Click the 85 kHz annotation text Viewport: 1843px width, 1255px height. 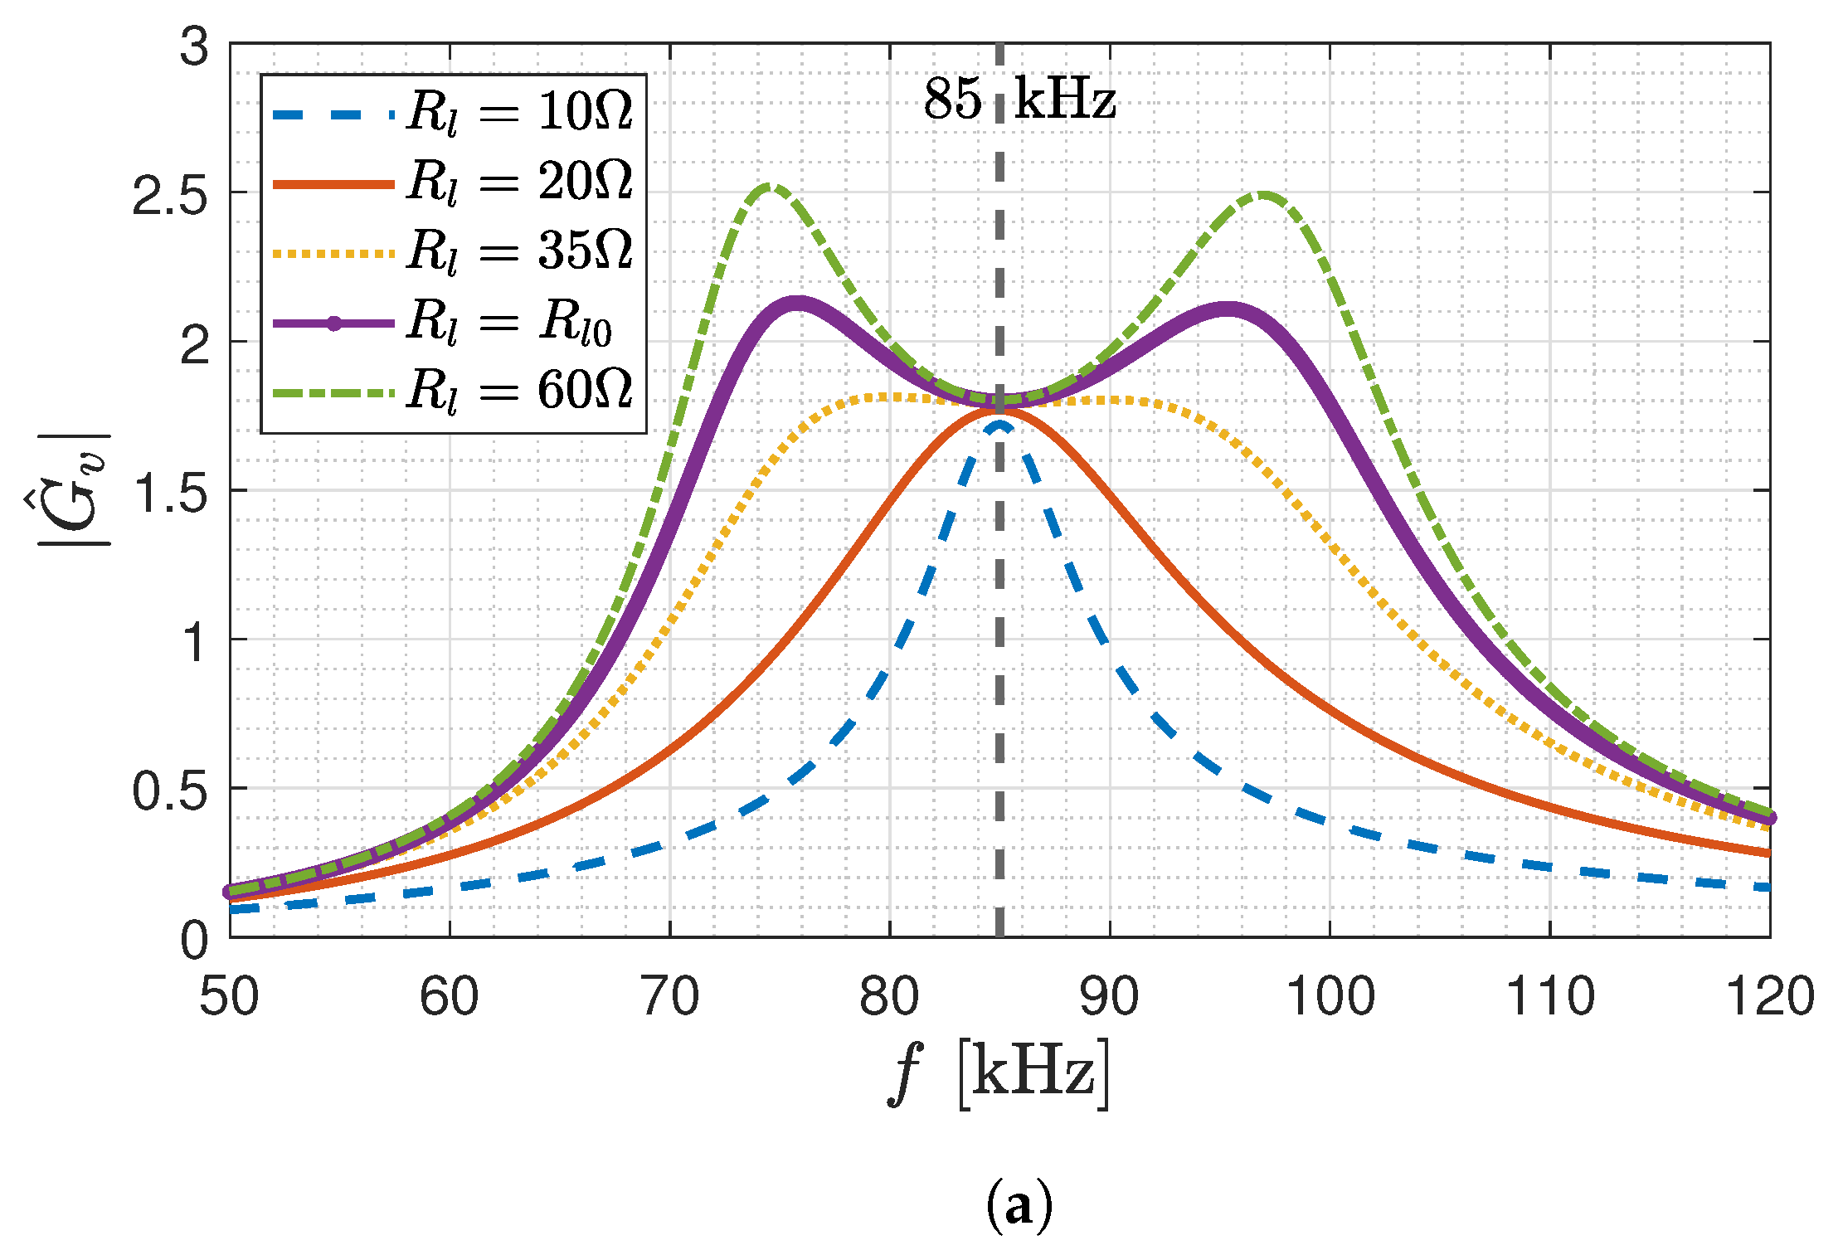tap(1019, 100)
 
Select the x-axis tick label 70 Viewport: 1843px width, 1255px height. tap(670, 996)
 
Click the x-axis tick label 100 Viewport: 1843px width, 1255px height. tap(1330, 996)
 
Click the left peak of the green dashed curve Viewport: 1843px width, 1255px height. tap(770, 187)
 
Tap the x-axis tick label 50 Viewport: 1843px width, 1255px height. tap(230, 996)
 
